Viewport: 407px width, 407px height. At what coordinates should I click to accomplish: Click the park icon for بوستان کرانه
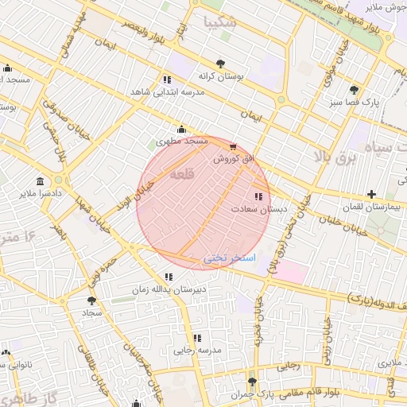tap(220, 63)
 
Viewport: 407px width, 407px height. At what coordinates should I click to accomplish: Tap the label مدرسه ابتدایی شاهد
tap(168, 92)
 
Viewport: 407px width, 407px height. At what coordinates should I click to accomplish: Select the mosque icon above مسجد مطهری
tap(182, 130)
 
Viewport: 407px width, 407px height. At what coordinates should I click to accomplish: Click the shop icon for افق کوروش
tap(232, 147)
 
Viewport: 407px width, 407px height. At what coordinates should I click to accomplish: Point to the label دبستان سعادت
tap(258, 208)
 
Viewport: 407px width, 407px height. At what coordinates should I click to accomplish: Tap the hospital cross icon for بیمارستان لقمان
tap(371, 194)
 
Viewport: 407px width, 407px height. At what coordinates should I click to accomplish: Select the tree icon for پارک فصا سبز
tap(354, 90)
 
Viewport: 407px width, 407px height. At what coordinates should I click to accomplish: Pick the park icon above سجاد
tap(91, 301)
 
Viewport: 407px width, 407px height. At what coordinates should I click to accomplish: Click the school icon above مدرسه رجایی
tap(197, 338)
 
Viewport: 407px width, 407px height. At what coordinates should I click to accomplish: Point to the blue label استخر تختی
tap(230, 258)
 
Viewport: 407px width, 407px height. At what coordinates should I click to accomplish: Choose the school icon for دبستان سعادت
tap(258, 196)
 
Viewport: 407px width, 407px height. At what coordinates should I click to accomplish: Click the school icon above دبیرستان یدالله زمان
tap(168, 277)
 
